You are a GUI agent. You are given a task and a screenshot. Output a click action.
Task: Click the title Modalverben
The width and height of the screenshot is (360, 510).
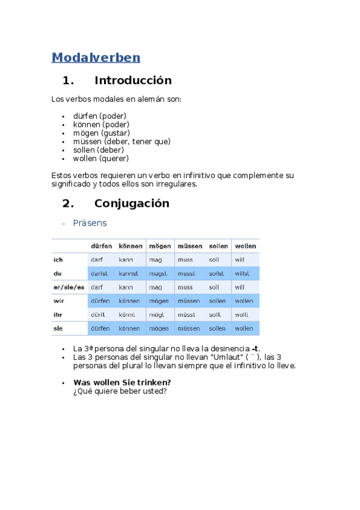point(96,58)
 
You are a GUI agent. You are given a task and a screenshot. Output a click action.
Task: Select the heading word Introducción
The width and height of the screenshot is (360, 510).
point(133,81)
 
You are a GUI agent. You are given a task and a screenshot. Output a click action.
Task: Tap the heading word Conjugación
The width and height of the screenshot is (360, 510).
point(132,203)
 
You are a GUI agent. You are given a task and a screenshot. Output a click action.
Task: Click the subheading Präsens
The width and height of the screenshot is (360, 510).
point(90,223)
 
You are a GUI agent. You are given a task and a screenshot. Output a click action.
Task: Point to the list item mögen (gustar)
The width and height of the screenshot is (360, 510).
point(101,133)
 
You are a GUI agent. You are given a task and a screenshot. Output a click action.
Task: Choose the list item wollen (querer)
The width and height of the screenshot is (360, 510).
point(100,159)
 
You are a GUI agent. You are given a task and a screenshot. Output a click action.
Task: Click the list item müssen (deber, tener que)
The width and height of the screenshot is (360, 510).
point(121,141)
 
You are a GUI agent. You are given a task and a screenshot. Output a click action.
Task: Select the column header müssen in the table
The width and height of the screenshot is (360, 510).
point(189,246)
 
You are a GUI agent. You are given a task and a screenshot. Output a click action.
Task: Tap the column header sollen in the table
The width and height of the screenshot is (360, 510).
point(218,246)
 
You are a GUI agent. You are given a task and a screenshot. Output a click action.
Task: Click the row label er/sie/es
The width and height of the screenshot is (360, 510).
point(69,287)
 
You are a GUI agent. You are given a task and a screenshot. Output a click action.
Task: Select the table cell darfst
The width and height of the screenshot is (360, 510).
point(99,274)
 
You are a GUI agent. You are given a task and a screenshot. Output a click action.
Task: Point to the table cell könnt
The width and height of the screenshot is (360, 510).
point(127,315)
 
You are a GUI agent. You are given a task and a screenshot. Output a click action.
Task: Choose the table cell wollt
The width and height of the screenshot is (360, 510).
point(241,315)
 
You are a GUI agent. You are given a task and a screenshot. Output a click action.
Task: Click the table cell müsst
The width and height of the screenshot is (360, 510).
point(186,315)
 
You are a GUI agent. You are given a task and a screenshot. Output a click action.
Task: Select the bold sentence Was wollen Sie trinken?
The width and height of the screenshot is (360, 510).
point(122,382)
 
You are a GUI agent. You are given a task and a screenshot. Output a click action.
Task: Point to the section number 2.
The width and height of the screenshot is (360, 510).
point(67,203)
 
